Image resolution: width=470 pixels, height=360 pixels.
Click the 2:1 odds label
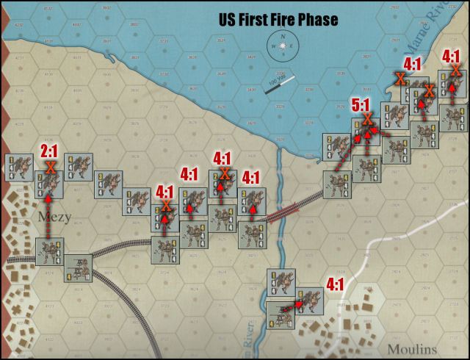pos(50,151)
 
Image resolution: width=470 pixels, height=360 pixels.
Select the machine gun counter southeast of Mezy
pos(78,267)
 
